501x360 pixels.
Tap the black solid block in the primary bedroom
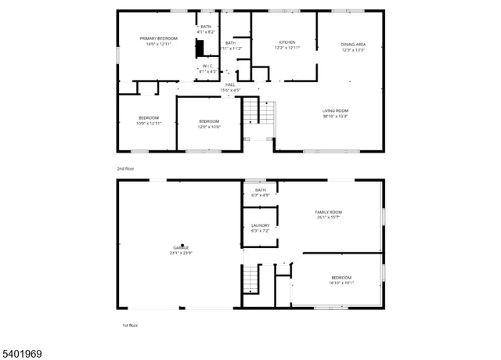click(x=200, y=48)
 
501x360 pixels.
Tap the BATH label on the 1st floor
click(x=260, y=193)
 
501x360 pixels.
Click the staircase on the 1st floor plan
click(x=250, y=278)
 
